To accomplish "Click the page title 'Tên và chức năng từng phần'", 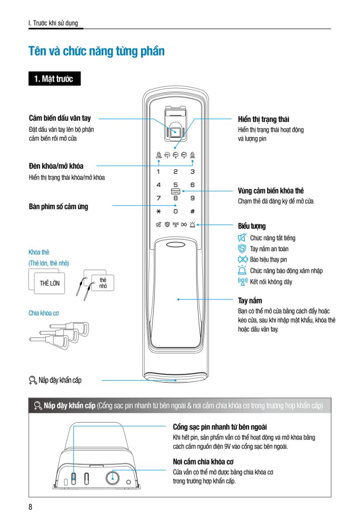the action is [96, 51].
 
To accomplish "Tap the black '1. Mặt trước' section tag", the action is [54, 78].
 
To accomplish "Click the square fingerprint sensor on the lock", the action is [175, 131].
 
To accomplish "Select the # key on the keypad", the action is [192, 211].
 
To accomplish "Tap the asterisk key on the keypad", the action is [159, 211].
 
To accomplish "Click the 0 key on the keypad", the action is [176, 211].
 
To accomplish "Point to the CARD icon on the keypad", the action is [176, 192].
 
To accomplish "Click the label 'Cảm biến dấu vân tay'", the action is [60, 118].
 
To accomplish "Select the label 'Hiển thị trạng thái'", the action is [264, 119].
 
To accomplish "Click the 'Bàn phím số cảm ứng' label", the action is [58, 206].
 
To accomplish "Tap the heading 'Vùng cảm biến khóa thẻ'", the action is [271, 191].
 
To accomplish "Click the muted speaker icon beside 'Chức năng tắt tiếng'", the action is [242, 238].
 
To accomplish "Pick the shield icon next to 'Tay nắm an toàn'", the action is [242, 249].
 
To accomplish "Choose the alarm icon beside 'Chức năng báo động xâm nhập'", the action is [242, 270].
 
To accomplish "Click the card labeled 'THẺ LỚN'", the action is [49, 283].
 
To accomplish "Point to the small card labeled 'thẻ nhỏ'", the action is [103, 283].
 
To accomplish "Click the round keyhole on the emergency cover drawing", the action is [113, 478].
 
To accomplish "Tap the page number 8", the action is [30, 507].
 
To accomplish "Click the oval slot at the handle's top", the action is [176, 245].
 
